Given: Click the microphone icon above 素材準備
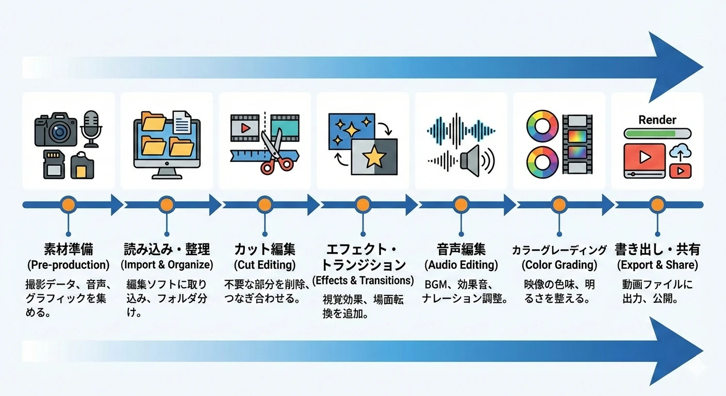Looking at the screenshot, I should pos(91,126).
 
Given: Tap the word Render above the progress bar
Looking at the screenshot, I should pos(657,120).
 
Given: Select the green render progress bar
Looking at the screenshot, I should pos(650,134).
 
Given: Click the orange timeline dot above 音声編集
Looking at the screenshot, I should pos(460,205).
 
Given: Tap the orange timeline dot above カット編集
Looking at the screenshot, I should pos(264,205).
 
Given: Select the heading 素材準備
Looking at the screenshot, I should pos(68,250).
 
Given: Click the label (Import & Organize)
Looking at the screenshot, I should pos(167,265).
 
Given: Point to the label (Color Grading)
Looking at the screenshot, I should pos(559,265).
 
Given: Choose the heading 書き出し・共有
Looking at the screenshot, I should pos(657,250).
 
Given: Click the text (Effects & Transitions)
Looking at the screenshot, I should pos(363,280).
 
